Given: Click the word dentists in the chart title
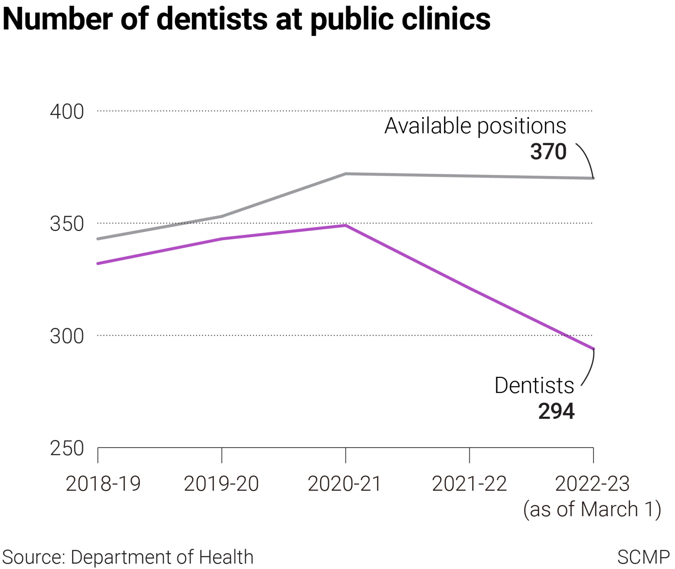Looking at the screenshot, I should (x=212, y=19).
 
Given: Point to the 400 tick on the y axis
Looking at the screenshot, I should (x=67, y=112).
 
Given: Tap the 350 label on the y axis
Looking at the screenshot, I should (x=67, y=224).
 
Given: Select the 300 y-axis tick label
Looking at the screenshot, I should (x=67, y=336).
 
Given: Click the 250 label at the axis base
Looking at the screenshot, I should (x=67, y=448).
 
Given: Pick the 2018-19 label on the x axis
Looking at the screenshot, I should (x=103, y=484).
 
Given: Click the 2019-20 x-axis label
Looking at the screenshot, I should (x=221, y=484).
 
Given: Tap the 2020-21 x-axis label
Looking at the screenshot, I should (x=345, y=484).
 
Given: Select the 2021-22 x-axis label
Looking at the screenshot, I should (x=469, y=484).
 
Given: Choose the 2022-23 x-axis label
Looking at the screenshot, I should (x=592, y=484).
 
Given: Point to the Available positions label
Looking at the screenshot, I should (x=475, y=126).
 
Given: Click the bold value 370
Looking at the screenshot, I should (x=548, y=152).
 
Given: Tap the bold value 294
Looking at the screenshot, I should (x=556, y=411).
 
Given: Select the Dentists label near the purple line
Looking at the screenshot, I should (x=534, y=385).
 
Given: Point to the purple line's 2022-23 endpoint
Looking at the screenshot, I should (x=593, y=348).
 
